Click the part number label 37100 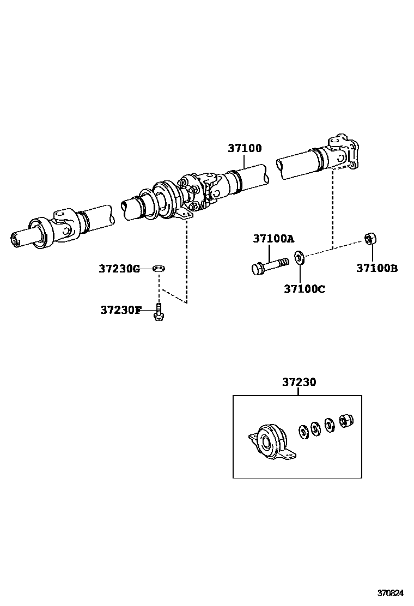(x=245, y=148)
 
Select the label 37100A (x=273, y=239)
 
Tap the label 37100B (x=377, y=268)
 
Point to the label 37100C (x=304, y=289)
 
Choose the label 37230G (x=119, y=269)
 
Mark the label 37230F (x=120, y=310)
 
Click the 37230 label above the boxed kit (x=299, y=383)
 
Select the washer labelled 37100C (x=299, y=256)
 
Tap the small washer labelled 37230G (x=159, y=268)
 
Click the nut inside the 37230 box (x=346, y=421)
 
